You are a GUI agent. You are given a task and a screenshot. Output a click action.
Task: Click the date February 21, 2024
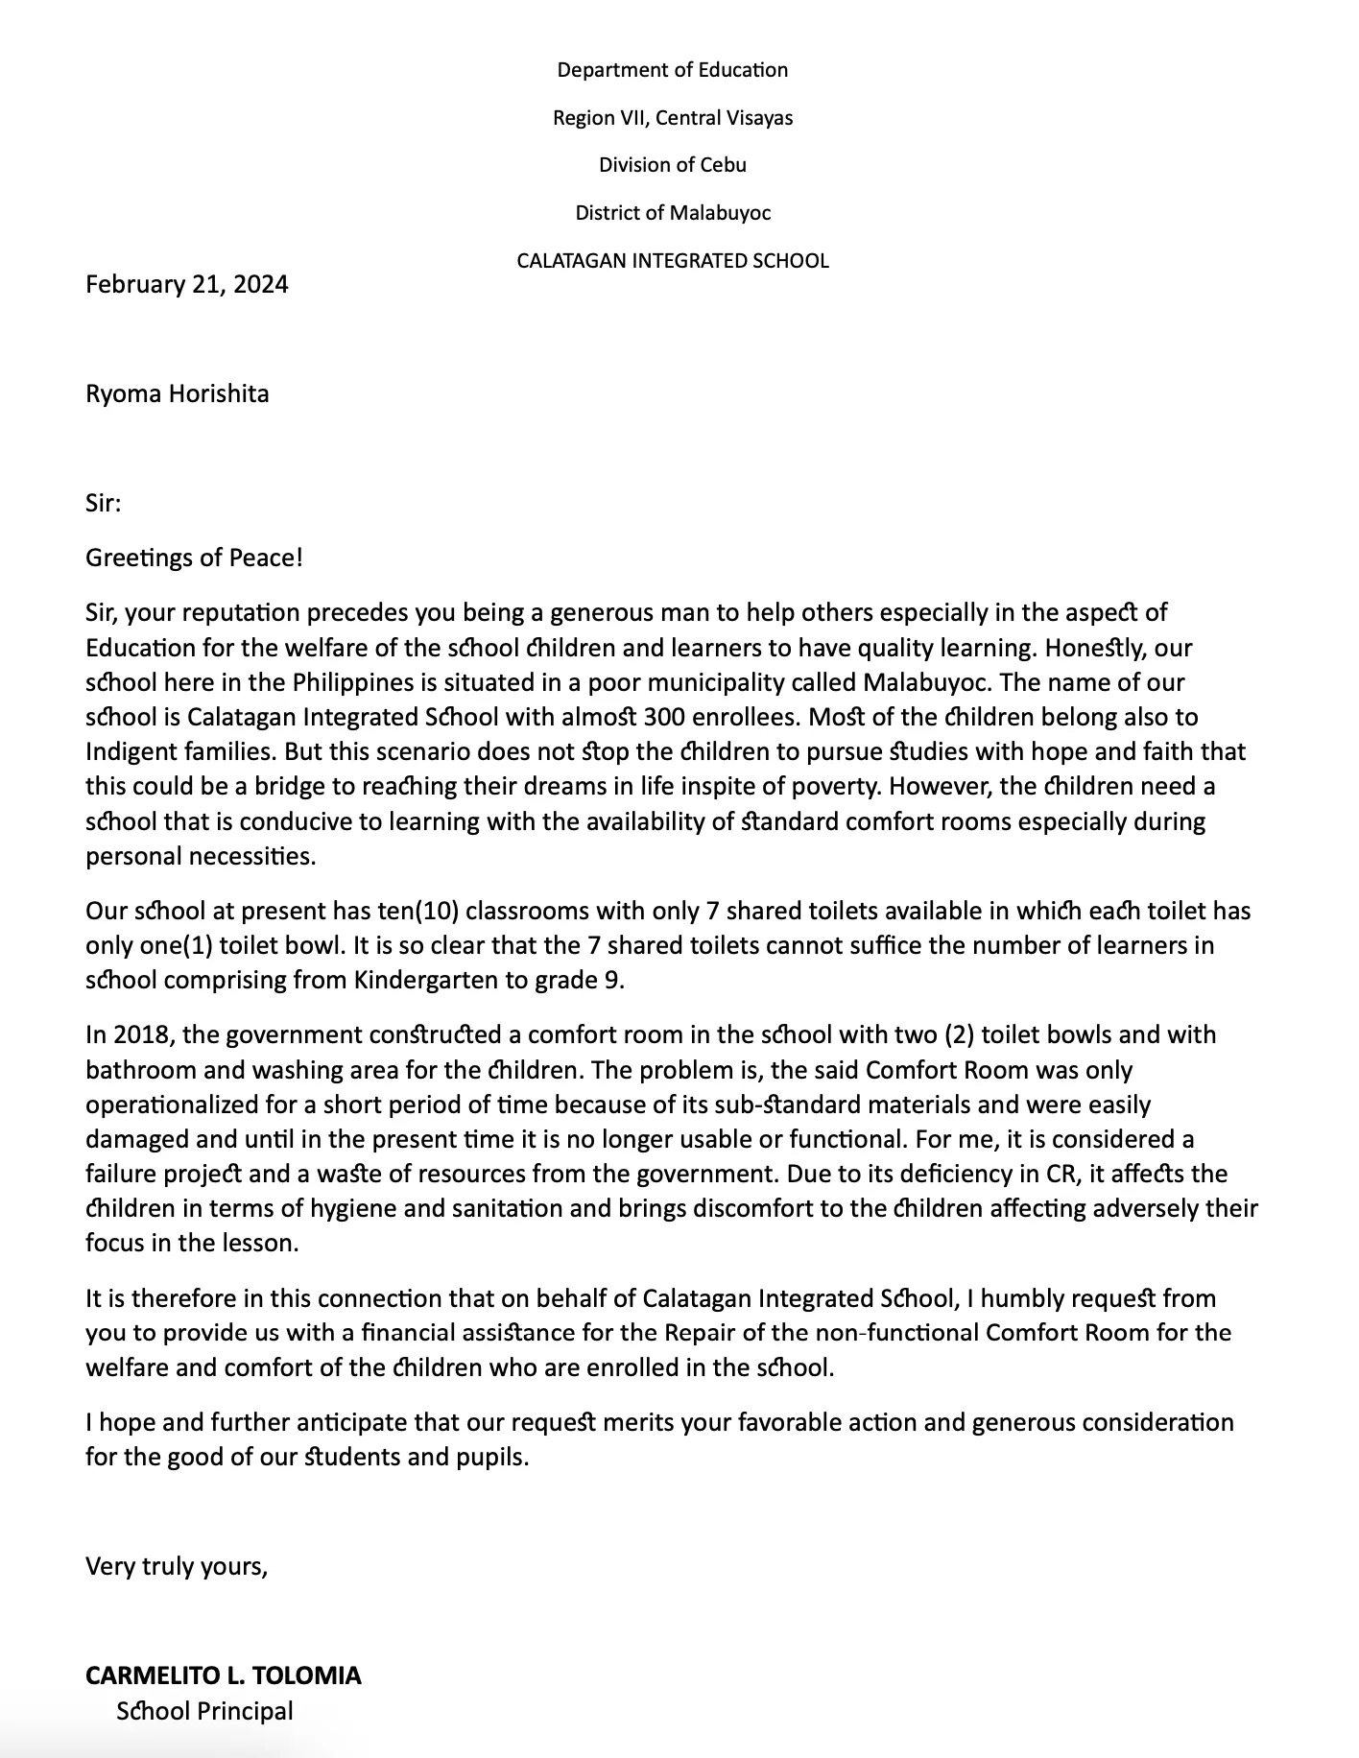click(186, 284)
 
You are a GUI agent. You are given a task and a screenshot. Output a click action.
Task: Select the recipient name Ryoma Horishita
click(177, 393)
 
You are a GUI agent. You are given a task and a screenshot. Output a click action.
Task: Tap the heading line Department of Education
click(672, 70)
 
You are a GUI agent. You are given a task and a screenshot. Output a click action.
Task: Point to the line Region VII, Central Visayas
click(672, 118)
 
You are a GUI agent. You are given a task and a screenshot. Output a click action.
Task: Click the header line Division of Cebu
click(672, 165)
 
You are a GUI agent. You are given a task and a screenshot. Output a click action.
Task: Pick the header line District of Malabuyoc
click(672, 213)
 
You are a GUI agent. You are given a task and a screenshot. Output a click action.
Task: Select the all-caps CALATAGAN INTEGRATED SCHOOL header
click(672, 261)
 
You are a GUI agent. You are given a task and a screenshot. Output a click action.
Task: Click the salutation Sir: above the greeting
click(103, 503)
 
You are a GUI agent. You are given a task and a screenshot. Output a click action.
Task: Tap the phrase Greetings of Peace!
click(194, 558)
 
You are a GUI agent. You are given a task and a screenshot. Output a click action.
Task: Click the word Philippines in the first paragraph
click(356, 682)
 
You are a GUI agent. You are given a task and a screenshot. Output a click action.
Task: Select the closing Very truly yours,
click(177, 1566)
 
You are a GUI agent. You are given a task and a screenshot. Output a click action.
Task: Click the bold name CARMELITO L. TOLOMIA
click(223, 1675)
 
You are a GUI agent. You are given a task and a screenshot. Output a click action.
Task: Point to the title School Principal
click(204, 1711)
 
